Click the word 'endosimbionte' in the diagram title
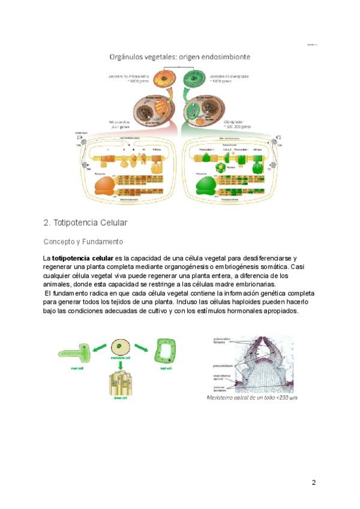220,57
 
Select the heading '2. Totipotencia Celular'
86,223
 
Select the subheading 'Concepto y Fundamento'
83,242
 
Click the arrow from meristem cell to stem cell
121,365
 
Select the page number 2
313,483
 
